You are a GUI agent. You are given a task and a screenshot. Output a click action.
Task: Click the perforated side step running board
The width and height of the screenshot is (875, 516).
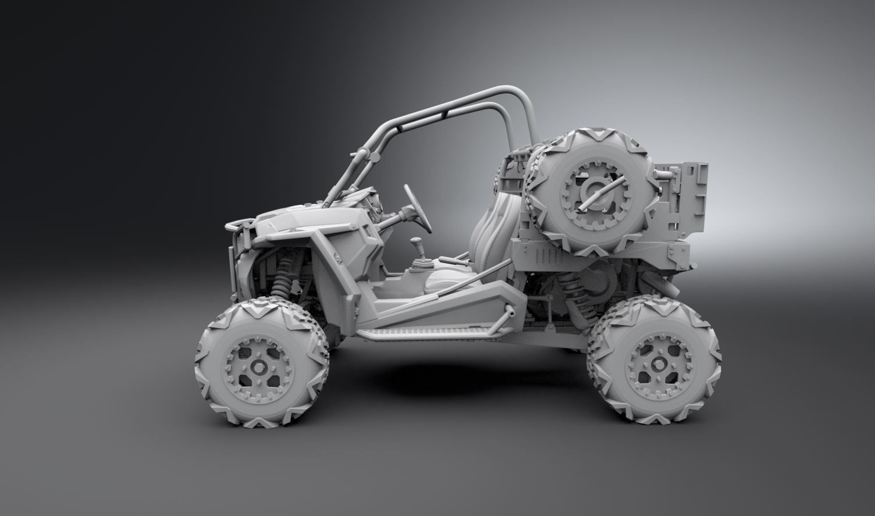[433, 333]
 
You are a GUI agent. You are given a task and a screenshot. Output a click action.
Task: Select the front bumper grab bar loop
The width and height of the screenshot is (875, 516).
[239, 223]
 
